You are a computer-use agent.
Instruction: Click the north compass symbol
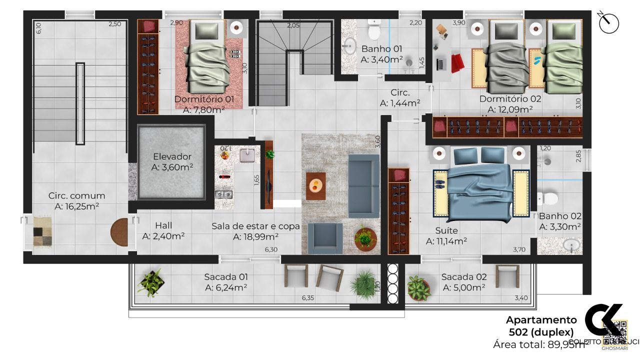pyautogui.click(x=608, y=23)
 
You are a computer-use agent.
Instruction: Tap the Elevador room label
pyautogui.click(x=172, y=156)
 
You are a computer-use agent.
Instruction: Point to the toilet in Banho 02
pyautogui.click(x=548, y=198)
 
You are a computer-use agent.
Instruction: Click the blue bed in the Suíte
pyautogui.click(x=479, y=185)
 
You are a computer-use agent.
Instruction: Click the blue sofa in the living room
pyautogui.click(x=363, y=178)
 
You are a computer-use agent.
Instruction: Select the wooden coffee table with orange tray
pyautogui.click(x=316, y=186)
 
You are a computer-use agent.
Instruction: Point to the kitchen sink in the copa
pyautogui.click(x=247, y=156)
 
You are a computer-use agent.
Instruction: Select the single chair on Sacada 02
pyautogui.click(x=505, y=276)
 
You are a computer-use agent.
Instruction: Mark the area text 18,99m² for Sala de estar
pyautogui.click(x=255, y=237)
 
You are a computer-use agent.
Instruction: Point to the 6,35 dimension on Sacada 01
pyautogui.click(x=308, y=298)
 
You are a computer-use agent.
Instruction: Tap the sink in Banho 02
pyautogui.click(x=571, y=245)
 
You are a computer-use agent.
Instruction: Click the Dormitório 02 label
pyautogui.click(x=510, y=99)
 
